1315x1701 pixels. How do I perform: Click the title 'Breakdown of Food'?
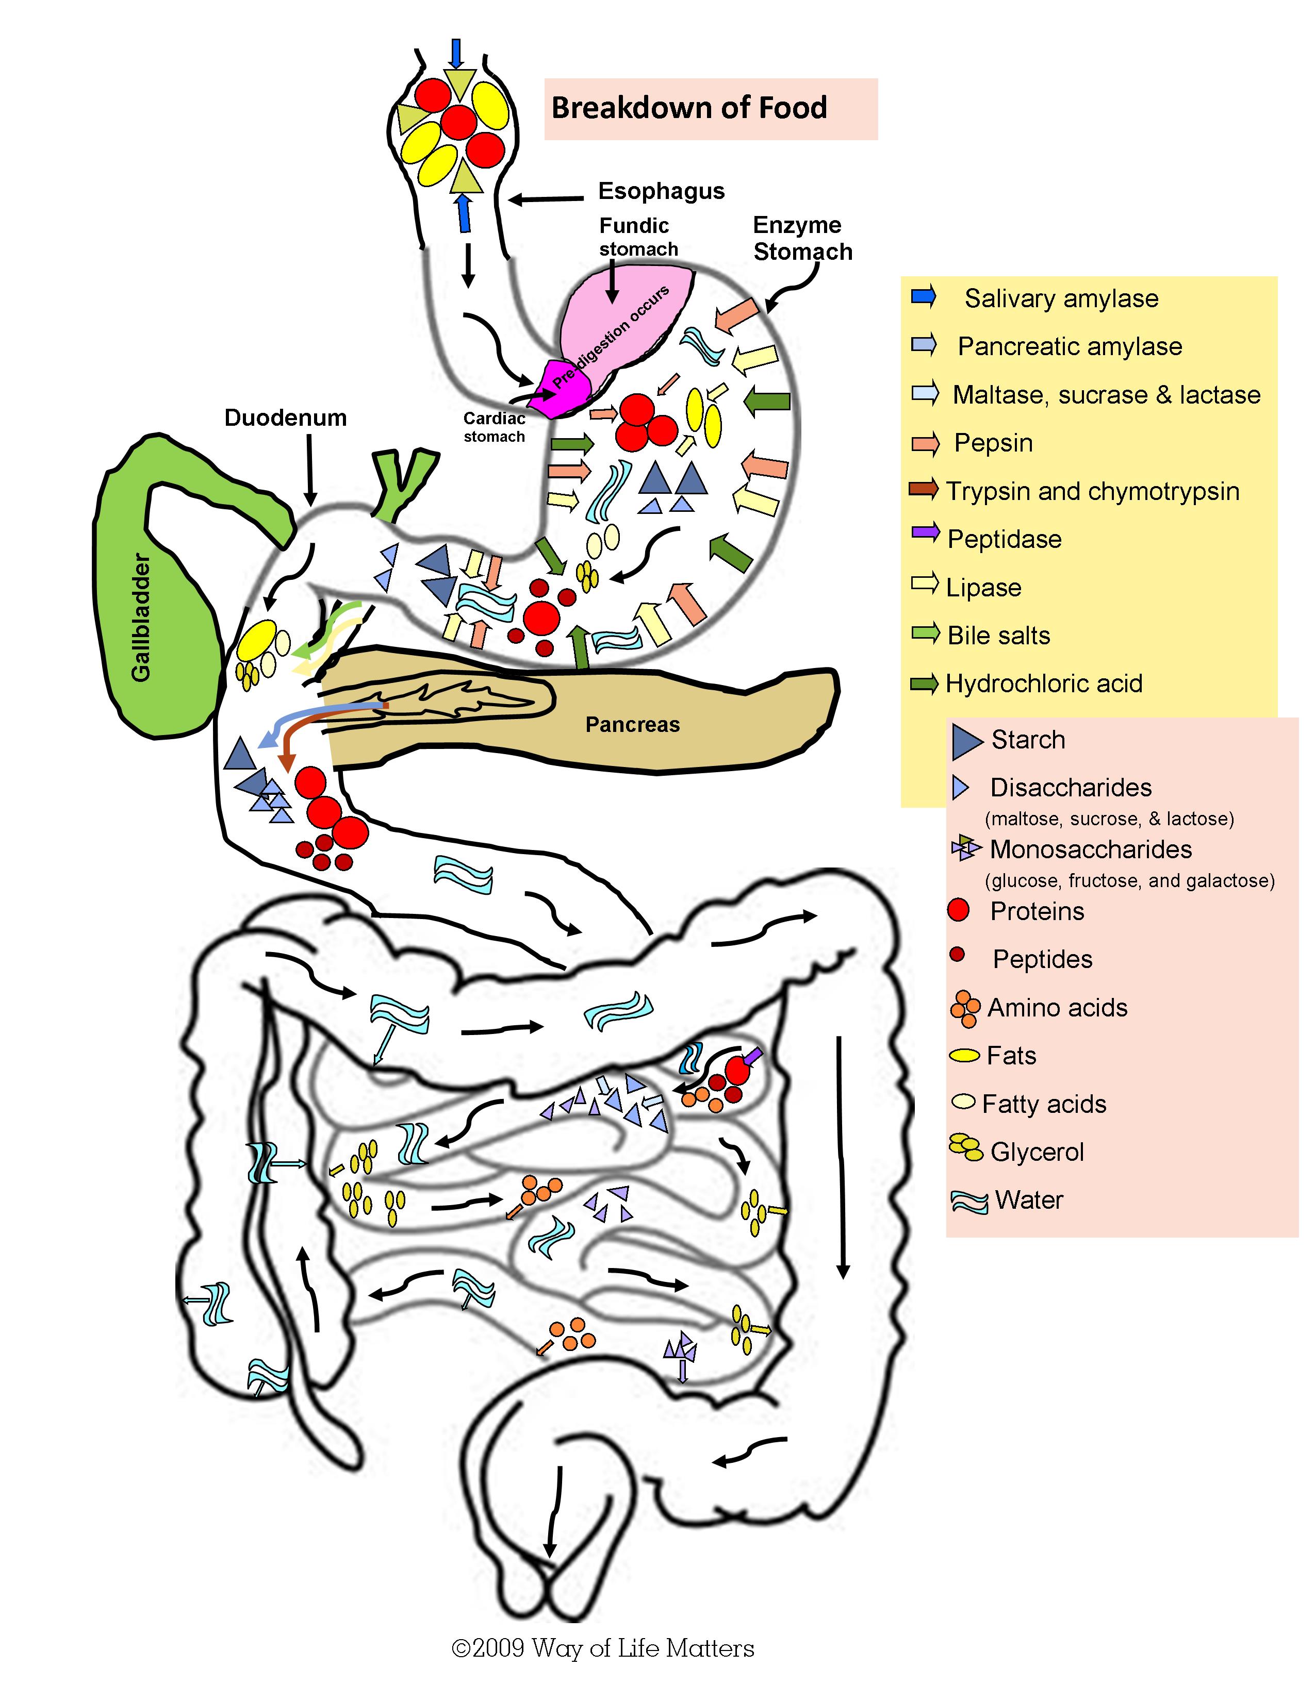(688, 108)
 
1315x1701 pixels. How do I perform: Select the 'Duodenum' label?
(285, 418)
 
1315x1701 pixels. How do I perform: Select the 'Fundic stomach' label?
(637, 237)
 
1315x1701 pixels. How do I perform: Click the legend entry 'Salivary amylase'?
(1061, 298)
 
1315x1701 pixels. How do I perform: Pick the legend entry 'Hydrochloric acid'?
(1043, 684)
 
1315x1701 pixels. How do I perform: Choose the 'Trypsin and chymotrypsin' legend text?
(1092, 491)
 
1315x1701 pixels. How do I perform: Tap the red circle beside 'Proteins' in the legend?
(958, 910)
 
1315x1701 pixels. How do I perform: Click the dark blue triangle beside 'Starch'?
(966, 741)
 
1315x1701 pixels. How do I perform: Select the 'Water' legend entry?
(1028, 1200)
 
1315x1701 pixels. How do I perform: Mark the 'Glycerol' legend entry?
(1036, 1152)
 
